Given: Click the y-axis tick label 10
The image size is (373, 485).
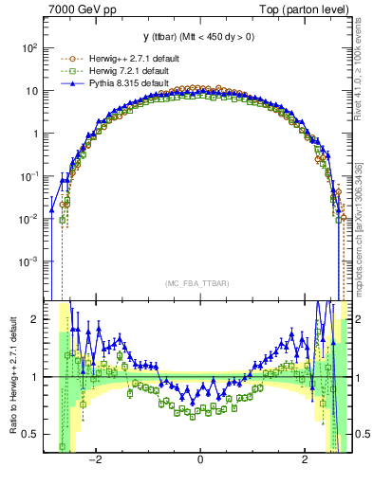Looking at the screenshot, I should [32, 91].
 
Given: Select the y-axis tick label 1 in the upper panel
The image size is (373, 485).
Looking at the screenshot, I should [36, 134].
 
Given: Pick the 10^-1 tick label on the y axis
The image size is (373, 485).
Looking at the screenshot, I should [29, 176].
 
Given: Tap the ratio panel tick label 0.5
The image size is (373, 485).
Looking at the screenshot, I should [31, 435].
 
